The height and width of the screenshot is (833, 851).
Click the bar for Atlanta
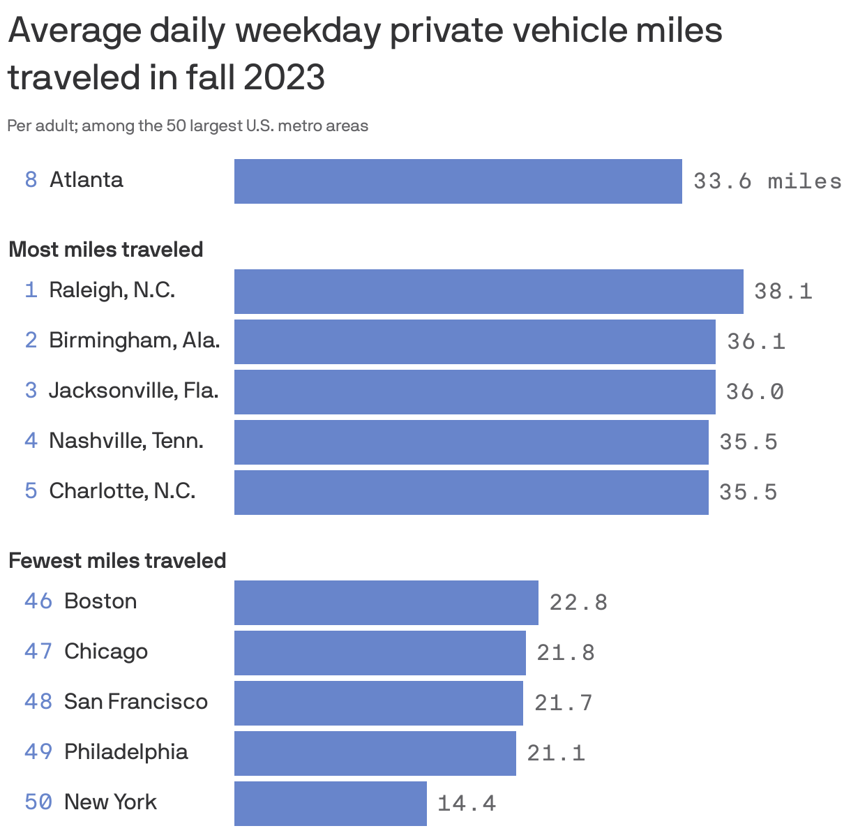tap(458, 181)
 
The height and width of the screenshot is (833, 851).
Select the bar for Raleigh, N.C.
tap(488, 292)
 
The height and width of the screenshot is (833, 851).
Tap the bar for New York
tap(330, 804)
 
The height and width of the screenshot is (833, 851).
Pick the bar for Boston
tap(386, 603)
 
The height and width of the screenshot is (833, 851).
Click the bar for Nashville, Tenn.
tap(471, 442)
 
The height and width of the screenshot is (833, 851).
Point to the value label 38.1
tap(783, 292)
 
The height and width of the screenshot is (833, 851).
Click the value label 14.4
tap(467, 804)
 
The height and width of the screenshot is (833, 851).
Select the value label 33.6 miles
tap(767, 181)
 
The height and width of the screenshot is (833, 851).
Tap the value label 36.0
tap(755, 392)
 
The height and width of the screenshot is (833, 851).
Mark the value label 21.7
tap(564, 703)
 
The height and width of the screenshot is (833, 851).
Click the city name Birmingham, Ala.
tap(135, 340)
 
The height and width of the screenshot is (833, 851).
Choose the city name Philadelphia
tap(126, 752)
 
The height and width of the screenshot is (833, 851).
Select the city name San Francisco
tap(136, 702)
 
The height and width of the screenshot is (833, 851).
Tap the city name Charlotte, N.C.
tap(122, 491)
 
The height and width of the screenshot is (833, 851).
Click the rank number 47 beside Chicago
tap(38, 652)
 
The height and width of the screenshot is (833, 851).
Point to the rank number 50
tap(38, 802)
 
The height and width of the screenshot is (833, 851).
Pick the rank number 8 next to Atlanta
tap(31, 180)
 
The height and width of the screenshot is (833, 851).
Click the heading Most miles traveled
tap(106, 250)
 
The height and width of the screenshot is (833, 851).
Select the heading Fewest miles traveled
tap(117, 561)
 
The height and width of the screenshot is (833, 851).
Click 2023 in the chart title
tap(284, 77)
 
